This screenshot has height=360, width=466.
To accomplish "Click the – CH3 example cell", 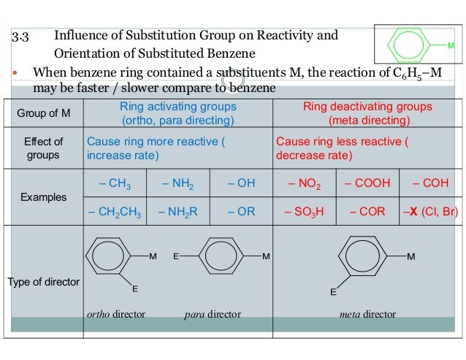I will point(115,183).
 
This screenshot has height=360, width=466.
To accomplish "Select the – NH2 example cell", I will point(177,183).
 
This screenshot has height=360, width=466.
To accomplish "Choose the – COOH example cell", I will point(367,183).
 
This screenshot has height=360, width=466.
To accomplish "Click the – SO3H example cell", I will point(304,212).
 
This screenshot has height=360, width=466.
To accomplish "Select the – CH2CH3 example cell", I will point(114,212).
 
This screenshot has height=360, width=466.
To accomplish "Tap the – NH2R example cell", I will point(177,212).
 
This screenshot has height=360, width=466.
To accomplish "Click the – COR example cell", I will point(367,212).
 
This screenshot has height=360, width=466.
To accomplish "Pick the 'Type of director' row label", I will point(43,282).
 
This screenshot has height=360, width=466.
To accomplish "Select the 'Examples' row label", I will point(43,197).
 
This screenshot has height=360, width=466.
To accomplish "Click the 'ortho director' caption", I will point(116,315).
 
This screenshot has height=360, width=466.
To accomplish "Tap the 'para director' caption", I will point(212,315).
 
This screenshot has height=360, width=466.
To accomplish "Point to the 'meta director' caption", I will point(367,315).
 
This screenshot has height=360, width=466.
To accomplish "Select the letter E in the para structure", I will point(176,257).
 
